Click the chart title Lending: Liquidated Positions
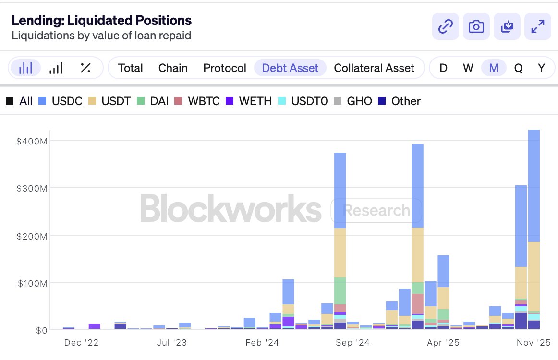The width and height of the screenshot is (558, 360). tap(101, 20)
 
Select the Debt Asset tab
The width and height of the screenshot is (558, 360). tap(290, 68)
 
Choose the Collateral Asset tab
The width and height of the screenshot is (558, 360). tap(374, 68)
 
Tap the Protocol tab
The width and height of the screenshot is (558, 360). tap(225, 68)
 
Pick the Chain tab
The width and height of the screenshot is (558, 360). tap(173, 68)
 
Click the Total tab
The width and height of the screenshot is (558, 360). tap(131, 68)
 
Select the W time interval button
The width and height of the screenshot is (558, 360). tap(468, 68)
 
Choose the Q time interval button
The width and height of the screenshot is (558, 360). tap(518, 68)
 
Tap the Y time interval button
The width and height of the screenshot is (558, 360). tap(542, 68)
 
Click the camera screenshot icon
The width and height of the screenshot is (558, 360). tap(476, 26)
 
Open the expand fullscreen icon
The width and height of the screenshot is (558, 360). tap(537, 26)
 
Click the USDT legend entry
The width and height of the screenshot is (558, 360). tap(110, 101)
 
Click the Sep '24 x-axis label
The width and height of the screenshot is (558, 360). tap(351, 343)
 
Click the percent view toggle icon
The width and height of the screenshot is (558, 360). tap(85, 68)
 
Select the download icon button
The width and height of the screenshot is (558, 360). tap(507, 26)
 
